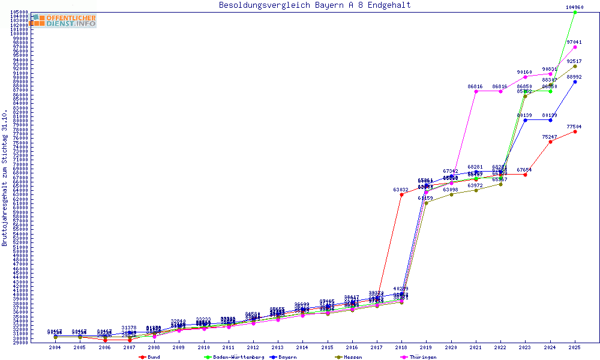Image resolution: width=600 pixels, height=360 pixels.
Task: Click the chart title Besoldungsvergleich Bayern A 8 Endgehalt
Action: coord(314,5)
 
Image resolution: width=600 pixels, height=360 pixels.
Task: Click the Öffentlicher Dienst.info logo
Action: coord(63,21)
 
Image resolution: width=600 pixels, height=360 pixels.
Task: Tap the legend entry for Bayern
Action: coord(286,357)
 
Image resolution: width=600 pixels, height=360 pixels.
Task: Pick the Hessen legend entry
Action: coord(353,357)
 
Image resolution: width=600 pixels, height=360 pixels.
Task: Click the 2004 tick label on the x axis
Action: coord(55,347)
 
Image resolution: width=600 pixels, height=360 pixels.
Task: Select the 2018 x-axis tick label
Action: coord(401,347)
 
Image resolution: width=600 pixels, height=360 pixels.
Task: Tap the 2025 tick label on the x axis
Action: coord(575,347)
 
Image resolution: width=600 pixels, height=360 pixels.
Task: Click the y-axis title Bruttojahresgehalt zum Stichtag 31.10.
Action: coord(5,178)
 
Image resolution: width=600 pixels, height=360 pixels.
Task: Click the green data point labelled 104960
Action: coord(575,12)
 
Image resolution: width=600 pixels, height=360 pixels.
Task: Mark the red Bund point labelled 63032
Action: coord(401,194)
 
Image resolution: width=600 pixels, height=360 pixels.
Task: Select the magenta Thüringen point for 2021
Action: coord(476,91)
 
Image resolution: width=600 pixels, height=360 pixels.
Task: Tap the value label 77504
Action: coord(575,127)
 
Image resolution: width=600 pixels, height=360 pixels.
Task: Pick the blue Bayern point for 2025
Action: coord(575,82)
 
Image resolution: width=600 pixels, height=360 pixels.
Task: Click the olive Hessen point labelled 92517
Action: coord(575,66)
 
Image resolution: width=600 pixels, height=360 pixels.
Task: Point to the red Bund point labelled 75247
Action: coord(550,142)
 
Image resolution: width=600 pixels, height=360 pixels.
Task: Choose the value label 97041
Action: coord(575,42)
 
